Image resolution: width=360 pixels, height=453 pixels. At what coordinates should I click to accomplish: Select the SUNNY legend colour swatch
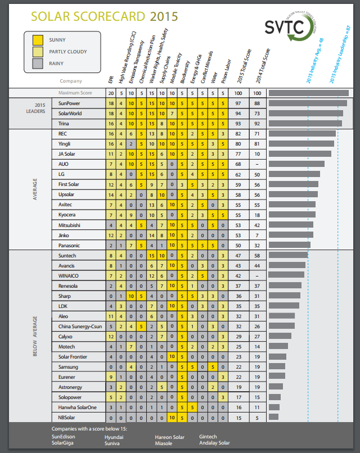pos(38,40)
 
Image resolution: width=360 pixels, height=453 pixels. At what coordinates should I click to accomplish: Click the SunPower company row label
pos(70,103)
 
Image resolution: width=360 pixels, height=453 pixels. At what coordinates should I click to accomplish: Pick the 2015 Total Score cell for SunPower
pos(238,103)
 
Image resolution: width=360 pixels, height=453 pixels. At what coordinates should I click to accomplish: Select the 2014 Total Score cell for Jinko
pos(258,235)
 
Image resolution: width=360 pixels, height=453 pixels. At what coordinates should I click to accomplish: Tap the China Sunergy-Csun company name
pos(80,326)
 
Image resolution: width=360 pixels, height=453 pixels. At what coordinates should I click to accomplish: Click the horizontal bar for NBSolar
pos(274,417)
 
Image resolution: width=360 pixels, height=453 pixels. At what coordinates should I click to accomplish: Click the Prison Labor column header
pos(225,69)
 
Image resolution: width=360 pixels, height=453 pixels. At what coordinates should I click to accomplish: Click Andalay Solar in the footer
pos(215,443)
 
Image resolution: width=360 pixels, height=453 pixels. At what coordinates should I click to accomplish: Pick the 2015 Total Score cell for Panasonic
pos(238,245)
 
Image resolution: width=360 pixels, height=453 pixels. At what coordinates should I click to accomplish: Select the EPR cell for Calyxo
pos(111,336)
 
